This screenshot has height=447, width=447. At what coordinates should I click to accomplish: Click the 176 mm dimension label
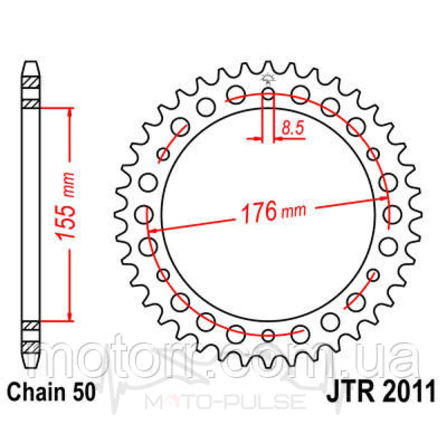273,211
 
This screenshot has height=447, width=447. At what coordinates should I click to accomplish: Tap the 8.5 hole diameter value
293,128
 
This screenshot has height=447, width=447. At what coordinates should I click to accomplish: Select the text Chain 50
51,392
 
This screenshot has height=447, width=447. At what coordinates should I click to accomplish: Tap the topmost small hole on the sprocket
268,93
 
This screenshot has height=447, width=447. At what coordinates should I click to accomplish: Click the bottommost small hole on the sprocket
268,335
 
